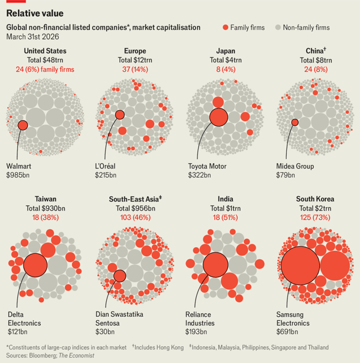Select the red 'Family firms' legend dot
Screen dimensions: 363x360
tap(226, 28)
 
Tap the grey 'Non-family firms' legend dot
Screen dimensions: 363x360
tap(277, 28)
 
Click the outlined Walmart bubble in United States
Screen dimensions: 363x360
tap(23, 125)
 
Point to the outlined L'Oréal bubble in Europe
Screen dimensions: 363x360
tap(120, 115)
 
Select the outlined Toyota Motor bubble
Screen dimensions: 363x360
tap(218, 116)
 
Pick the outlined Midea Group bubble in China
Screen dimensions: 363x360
tap(295, 122)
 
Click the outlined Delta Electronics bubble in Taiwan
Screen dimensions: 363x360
tap(35, 264)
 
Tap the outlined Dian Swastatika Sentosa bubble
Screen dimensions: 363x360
tap(119, 276)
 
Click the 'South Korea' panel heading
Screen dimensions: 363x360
tap(315, 199)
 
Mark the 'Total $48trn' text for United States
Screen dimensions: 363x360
tap(45, 60)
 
